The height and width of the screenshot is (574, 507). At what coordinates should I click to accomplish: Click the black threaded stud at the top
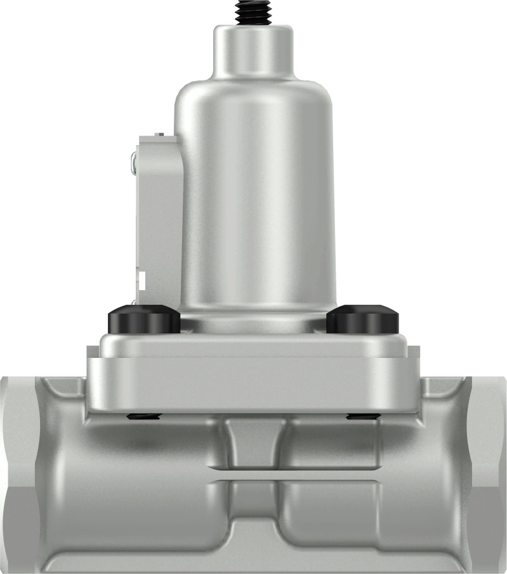253,11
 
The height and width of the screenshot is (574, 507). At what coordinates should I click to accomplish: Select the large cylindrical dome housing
253,190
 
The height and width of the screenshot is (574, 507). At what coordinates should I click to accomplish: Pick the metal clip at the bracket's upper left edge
133,162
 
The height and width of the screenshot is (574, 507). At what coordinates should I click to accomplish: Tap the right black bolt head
362,319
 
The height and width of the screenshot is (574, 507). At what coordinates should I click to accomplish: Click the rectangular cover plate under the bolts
253,374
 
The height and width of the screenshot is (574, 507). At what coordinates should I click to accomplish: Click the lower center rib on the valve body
252,507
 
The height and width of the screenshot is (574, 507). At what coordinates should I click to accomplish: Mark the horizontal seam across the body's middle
253,475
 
